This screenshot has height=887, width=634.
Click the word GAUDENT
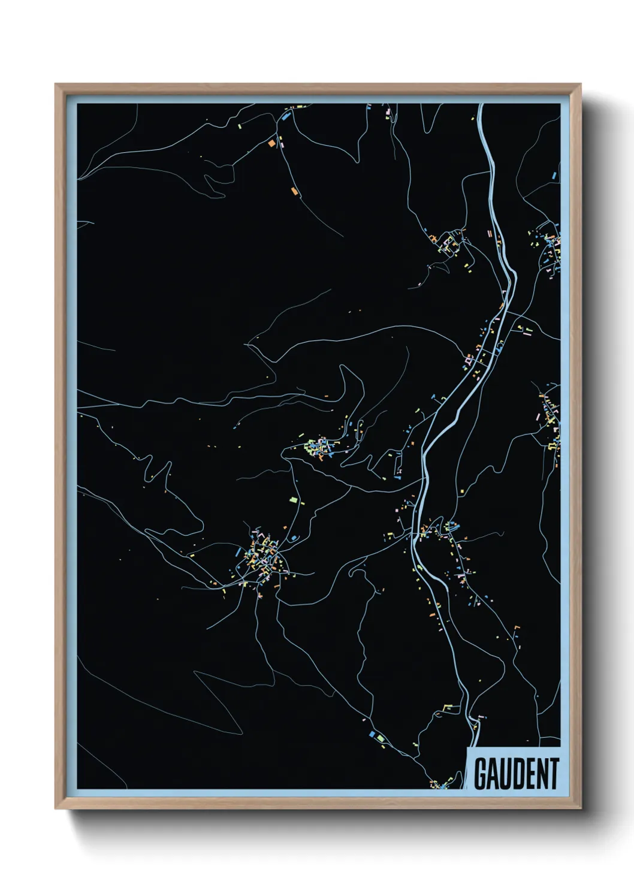517,774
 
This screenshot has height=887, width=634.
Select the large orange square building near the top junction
271,143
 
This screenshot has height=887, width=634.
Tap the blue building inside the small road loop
293,538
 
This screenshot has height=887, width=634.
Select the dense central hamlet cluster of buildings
318,447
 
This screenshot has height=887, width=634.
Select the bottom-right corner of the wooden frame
580,808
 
